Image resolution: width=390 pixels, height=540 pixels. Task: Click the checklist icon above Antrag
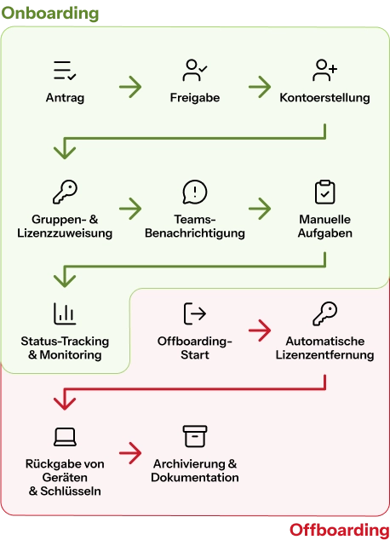click(x=65, y=70)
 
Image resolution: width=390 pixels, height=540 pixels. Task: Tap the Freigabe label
click(x=195, y=98)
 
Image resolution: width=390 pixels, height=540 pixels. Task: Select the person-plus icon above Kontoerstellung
click(x=324, y=70)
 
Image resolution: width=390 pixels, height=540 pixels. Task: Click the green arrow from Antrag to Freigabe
click(x=130, y=87)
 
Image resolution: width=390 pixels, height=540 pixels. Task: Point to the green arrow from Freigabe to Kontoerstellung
click(x=260, y=87)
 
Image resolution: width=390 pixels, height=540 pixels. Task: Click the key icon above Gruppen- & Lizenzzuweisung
click(x=65, y=192)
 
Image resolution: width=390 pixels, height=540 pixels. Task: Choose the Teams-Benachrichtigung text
click(x=195, y=227)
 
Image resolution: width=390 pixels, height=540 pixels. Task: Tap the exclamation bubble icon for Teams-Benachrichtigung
click(x=195, y=192)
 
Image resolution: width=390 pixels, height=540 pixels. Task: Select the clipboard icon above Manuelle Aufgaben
click(x=324, y=192)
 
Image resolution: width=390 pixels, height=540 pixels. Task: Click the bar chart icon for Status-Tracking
click(x=65, y=313)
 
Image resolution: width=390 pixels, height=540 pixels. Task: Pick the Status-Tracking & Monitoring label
click(x=65, y=348)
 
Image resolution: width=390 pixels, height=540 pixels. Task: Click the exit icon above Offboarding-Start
click(x=195, y=313)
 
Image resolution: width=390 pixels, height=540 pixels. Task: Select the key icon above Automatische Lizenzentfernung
click(x=324, y=313)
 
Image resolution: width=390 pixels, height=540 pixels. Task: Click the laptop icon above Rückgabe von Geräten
click(x=65, y=437)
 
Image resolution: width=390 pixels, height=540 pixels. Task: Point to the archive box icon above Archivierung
click(x=195, y=436)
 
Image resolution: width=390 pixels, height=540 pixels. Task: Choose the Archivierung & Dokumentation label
click(x=195, y=471)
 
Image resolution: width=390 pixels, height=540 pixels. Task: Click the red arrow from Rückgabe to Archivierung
click(x=130, y=453)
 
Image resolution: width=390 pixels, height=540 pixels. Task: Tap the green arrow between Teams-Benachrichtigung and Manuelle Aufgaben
click(x=260, y=209)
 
